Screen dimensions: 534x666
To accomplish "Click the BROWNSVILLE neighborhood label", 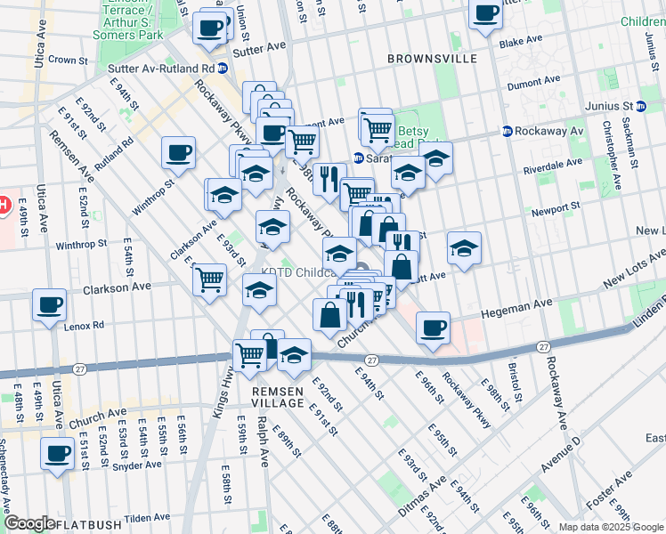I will [433, 59].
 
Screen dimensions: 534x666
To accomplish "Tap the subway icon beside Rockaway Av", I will [508, 131].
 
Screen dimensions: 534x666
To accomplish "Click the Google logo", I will [28, 523].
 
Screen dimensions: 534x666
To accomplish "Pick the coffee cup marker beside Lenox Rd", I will [50, 304].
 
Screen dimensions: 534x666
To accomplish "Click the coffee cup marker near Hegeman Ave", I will [433, 327].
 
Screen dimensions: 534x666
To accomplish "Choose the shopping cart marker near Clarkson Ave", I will [210, 279].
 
